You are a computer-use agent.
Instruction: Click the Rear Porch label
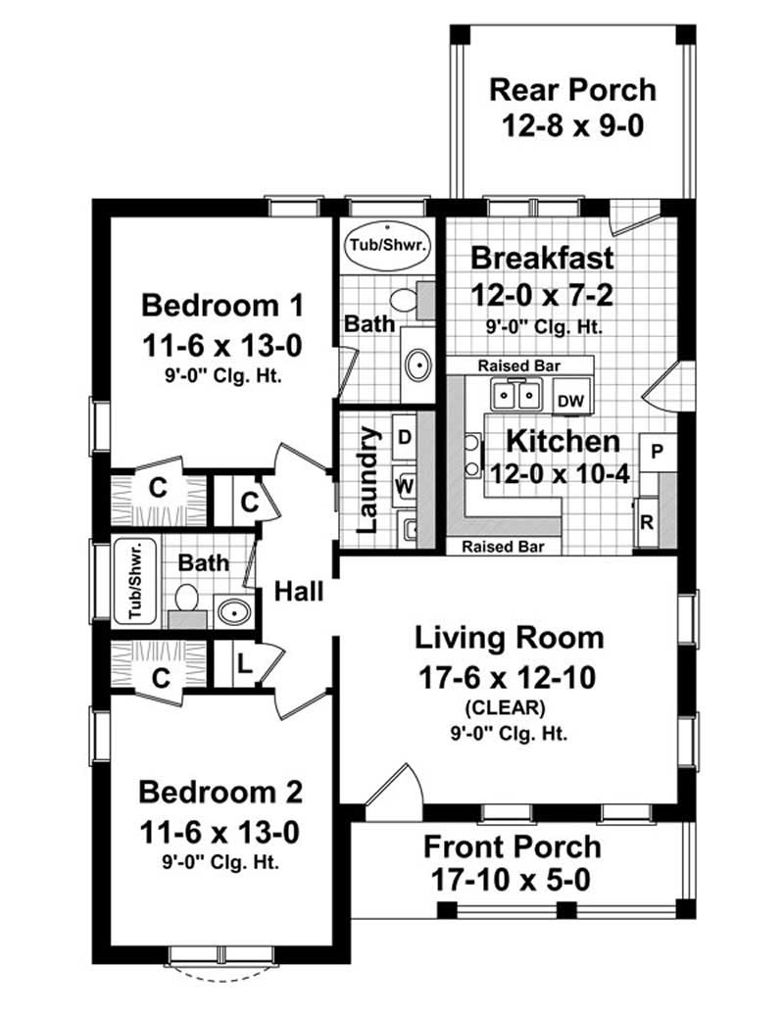(572, 90)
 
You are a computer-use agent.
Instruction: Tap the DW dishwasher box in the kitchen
(568, 400)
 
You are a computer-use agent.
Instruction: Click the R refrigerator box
(647, 520)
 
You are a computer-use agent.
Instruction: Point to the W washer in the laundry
(404, 485)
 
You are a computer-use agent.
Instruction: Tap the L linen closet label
(244, 665)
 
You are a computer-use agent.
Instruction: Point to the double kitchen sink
(516, 396)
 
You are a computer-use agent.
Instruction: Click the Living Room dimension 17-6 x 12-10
(509, 675)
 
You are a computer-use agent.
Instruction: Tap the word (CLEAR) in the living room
(509, 707)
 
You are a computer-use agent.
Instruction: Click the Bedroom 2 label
(220, 792)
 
